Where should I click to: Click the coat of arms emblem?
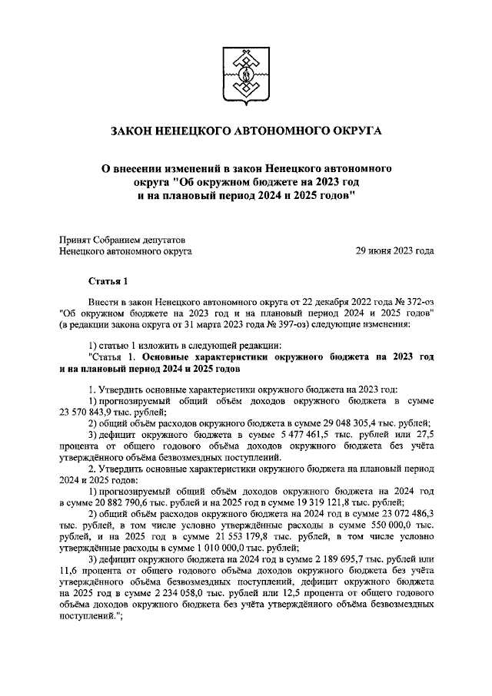(246, 75)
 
